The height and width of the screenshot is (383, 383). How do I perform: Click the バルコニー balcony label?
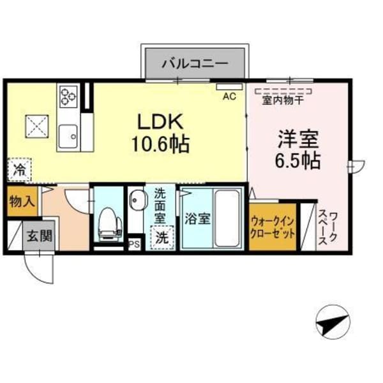[x=195, y=64]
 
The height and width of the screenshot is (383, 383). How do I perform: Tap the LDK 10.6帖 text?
[x=161, y=132]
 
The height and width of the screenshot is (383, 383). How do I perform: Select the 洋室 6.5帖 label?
[x=298, y=148]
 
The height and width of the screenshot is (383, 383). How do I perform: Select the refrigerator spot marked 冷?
[x=20, y=170]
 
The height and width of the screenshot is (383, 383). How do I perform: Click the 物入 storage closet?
[x=20, y=202]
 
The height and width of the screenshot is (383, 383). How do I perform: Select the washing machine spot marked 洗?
[x=162, y=236]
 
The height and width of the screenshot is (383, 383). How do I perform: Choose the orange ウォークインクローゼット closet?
[x=273, y=226]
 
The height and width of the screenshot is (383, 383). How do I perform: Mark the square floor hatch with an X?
[x=35, y=125]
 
